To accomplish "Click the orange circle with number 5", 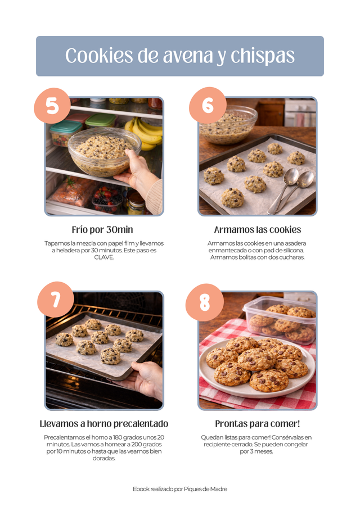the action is [52, 106].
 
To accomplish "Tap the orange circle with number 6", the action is [208, 105].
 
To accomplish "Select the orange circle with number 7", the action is [56, 300].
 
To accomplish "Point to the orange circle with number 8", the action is [204, 302].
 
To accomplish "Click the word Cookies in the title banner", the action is [100, 56].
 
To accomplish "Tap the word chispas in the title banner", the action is [262, 56].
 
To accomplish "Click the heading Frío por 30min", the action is [102, 229].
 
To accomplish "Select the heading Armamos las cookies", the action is [258, 229].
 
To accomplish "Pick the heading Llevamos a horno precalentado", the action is [104, 424].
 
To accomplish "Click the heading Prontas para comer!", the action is [258, 424].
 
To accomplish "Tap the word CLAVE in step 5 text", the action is [103, 257].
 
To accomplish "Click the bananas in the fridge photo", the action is [144, 133].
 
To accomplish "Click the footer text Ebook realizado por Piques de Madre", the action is [180, 489].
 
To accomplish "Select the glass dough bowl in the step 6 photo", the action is [228, 124].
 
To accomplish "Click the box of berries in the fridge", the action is [107, 200].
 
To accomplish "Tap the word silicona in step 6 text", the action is [292, 250].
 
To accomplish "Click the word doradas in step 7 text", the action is [104, 459].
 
